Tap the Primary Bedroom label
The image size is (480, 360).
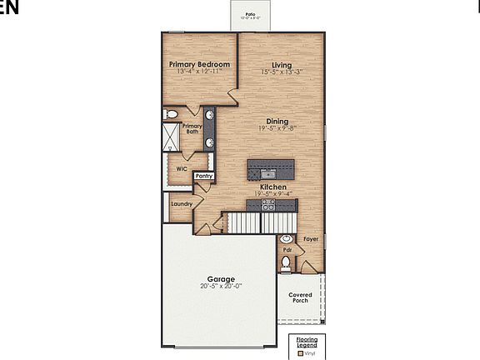click(x=199, y=64)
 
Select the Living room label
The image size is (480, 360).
click(x=281, y=64)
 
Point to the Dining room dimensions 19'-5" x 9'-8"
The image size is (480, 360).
click(x=277, y=129)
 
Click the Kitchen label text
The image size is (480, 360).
click(x=273, y=187)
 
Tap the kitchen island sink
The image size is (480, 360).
click(x=269, y=173)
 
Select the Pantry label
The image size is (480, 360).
click(x=204, y=176)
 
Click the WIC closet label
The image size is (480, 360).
click(x=181, y=167)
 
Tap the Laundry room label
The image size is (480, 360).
click(x=182, y=203)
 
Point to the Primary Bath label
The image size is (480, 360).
click(x=192, y=129)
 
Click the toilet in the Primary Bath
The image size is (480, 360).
click(x=172, y=113)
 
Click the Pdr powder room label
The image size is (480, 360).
click(x=287, y=249)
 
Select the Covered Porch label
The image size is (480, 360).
click(x=300, y=297)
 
